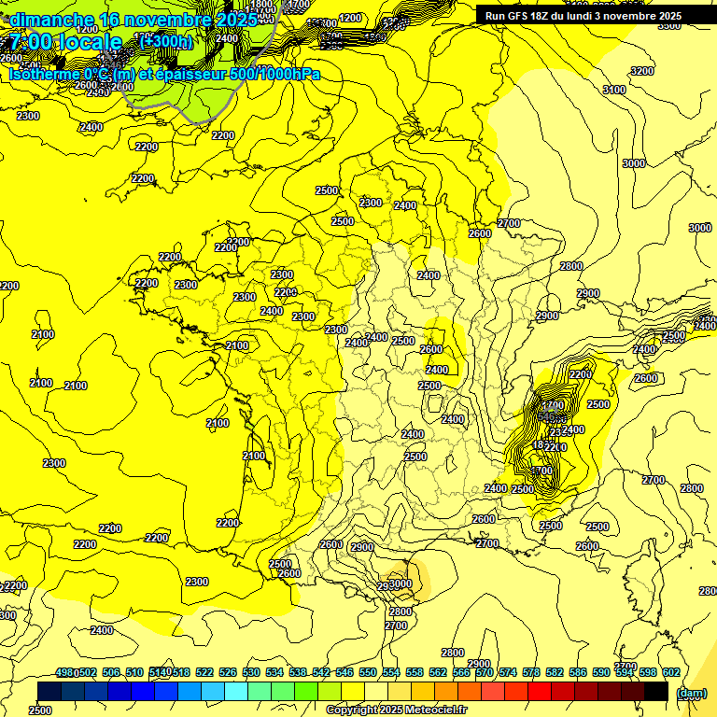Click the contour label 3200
pyautogui.click(x=641, y=71)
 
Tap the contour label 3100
pyautogui.click(x=613, y=90)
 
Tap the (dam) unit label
pyautogui.click(x=691, y=692)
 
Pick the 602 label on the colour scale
pyautogui.click(x=670, y=673)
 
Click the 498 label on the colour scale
pyautogui.click(x=64, y=673)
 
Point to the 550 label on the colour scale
pyautogui.click(x=367, y=673)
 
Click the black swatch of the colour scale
pyautogui.click(x=655, y=692)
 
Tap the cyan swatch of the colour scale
pyautogui.click(x=236, y=692)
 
